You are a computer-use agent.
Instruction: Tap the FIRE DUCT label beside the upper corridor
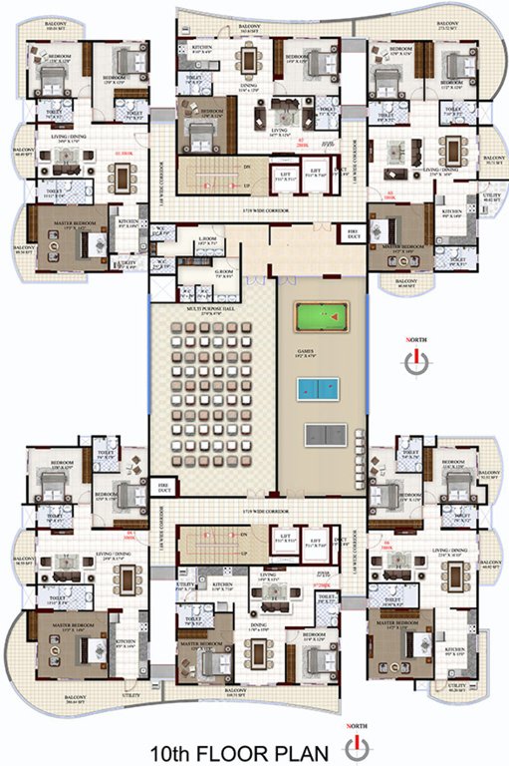(x=352, y=232)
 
